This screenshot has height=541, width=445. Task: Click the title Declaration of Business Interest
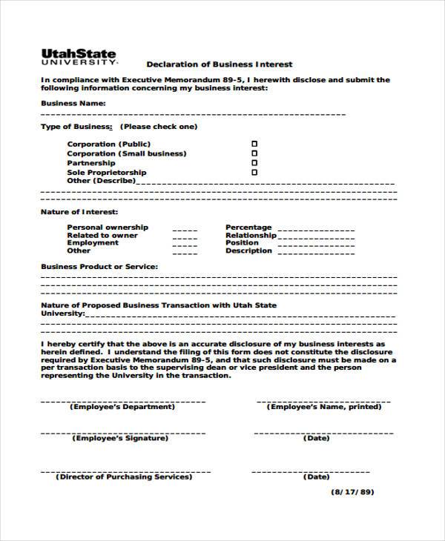[x=219, y=64]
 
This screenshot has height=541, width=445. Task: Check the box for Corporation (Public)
[x=254, y=144]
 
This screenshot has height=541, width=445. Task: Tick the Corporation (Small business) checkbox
[x=254, y=153]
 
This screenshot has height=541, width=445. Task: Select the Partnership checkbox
[x=254, y=162]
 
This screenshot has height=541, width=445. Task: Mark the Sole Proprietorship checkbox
[x=254, y=172]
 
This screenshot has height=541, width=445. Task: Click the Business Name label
[x=73, y=103]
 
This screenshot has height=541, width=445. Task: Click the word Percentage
[x=248, y=228]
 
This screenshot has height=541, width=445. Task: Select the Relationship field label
[x=251, y=236]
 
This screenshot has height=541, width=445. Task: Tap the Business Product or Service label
[x=99, y=265]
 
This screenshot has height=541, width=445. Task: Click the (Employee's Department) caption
[x=122, y=407]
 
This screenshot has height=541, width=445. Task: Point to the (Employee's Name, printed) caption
[x=323, y=407]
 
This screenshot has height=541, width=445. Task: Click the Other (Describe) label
[x=101, y=180]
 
